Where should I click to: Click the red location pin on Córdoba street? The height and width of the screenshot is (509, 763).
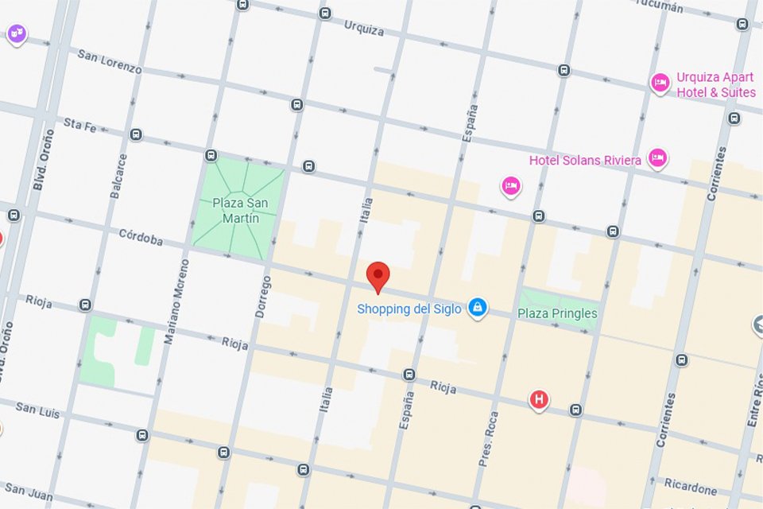coord(378,276)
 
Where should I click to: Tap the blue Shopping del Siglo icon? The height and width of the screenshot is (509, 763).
coord(477,307)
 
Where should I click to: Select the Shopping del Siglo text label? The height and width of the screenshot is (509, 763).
coord(409,309)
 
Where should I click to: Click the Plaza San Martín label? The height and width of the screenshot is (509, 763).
coord(240,211)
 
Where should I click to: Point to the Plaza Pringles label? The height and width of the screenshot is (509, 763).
coord(557,313)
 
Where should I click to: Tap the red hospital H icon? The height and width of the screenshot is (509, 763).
coord(539,399)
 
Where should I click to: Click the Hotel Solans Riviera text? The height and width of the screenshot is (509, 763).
coord(585,161)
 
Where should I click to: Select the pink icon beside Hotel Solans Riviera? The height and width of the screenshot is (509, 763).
coord(656,158)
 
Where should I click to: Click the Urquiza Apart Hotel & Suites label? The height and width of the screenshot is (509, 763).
coord(715,85)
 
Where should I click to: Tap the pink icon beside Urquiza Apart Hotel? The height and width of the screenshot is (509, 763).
coord(660,83)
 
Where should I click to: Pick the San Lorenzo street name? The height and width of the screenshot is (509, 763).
coord(110,61)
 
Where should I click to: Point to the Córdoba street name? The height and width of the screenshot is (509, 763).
coord(141,236)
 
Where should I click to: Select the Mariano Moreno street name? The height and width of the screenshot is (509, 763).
coord(176,301)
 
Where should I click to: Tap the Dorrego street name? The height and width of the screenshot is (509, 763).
coord(264,297)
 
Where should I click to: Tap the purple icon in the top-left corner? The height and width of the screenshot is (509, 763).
coord(16,33)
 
